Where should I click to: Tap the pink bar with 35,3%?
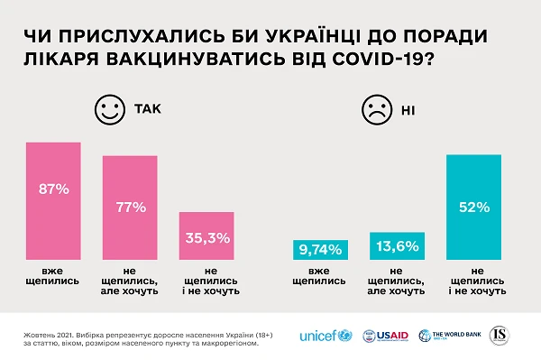pos(207,236)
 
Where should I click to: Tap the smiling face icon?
pos(109,112)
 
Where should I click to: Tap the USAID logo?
pos(386,336)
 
